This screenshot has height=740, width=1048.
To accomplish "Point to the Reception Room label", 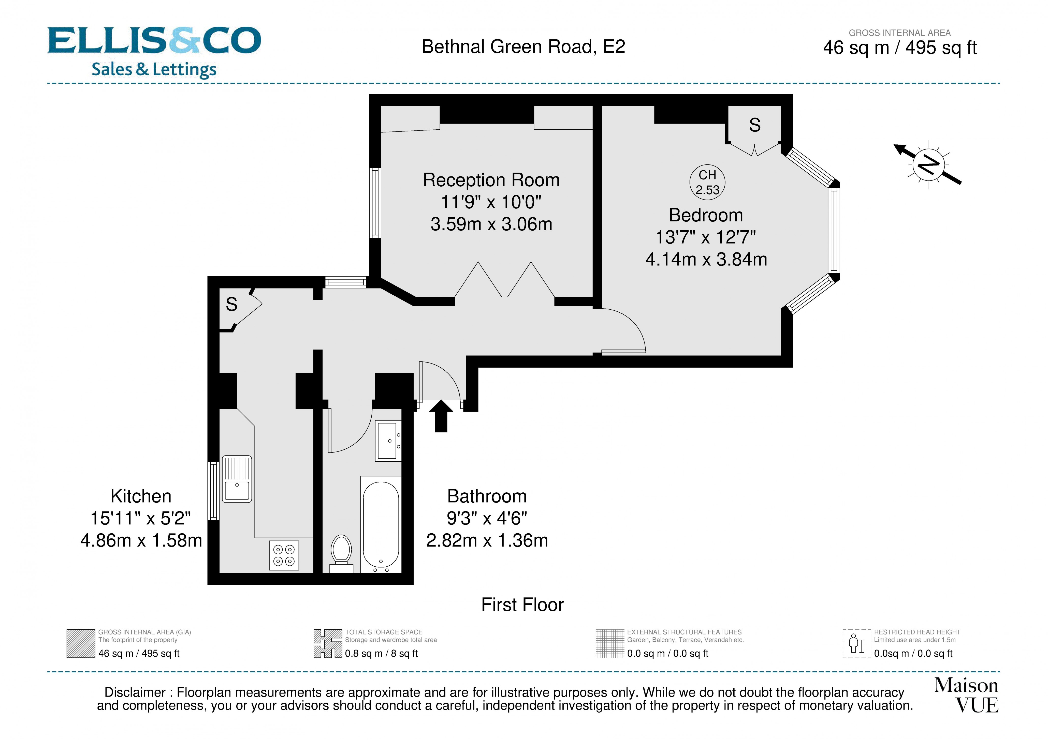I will (491, 180).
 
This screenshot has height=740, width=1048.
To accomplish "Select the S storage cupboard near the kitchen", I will (232, 304).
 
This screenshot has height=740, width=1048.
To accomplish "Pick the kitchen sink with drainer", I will (237, 479).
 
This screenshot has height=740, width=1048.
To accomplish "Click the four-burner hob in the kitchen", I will (284, 555).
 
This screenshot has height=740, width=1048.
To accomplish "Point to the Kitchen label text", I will (141, 496).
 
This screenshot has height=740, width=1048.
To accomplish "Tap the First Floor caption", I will (523, 605).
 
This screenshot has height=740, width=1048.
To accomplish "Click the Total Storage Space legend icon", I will (328, 643).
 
